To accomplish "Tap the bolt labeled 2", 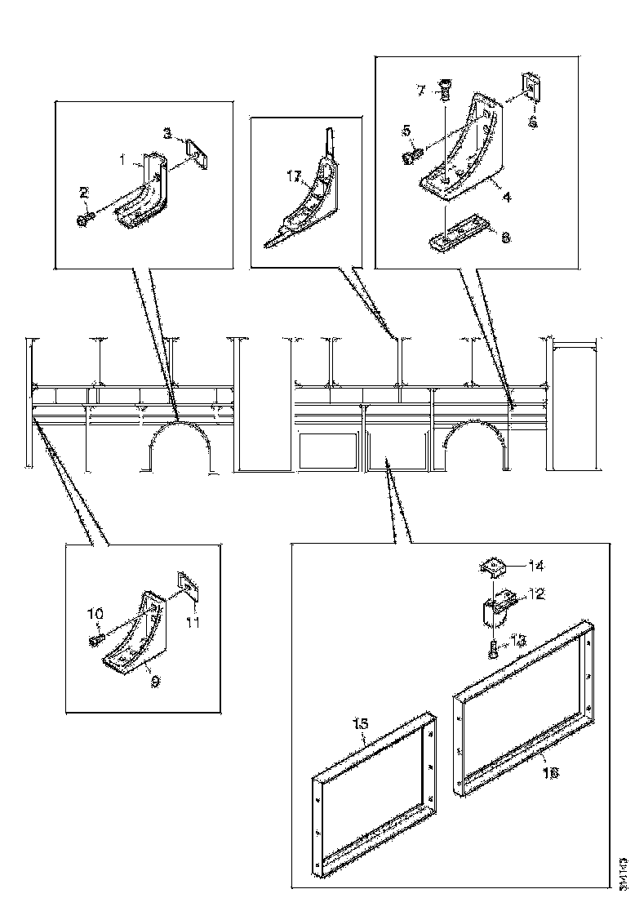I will [x=84, y=219].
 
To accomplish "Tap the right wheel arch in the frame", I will [x=473, y=445].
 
